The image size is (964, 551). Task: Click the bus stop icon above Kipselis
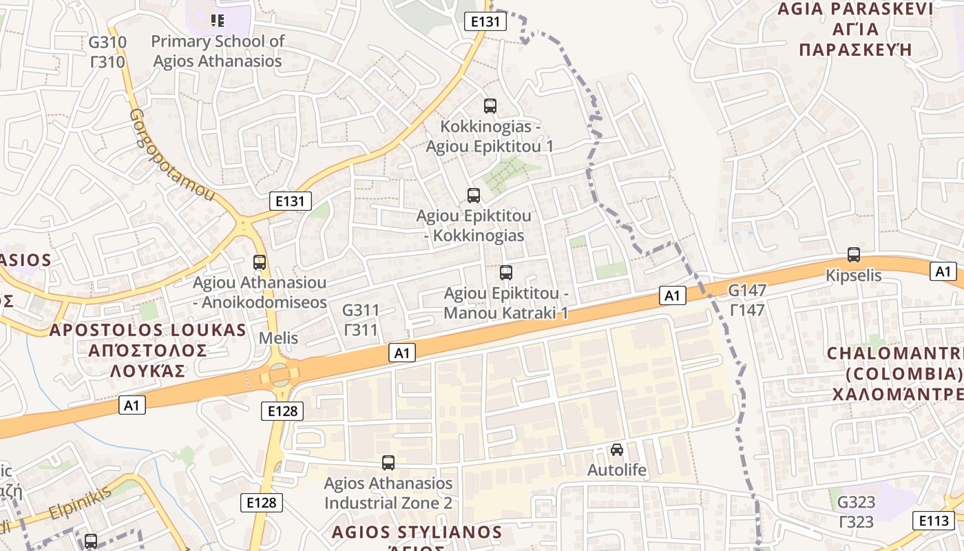coord(854,254)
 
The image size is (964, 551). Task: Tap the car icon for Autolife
coord(617,450)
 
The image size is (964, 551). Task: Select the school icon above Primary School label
coord(218,20)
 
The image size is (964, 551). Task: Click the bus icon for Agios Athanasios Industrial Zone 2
coord(388,463)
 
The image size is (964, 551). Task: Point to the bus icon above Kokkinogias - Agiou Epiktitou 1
coord(490,105)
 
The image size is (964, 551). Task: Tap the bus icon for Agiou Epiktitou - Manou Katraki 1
coord(506,272)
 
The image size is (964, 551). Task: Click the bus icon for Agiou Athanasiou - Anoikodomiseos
coord(260,262)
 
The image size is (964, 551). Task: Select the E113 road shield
coord(933,520)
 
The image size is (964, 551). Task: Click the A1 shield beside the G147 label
coord(673,296)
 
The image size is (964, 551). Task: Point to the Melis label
coord(278,338)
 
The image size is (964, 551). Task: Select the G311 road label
coord(361,320)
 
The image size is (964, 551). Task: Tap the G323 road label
coord(856,511)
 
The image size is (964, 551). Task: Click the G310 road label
coord(107,52)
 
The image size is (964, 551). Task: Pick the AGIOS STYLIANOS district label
coord(417,532)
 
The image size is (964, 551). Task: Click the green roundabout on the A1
coord(279,375)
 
